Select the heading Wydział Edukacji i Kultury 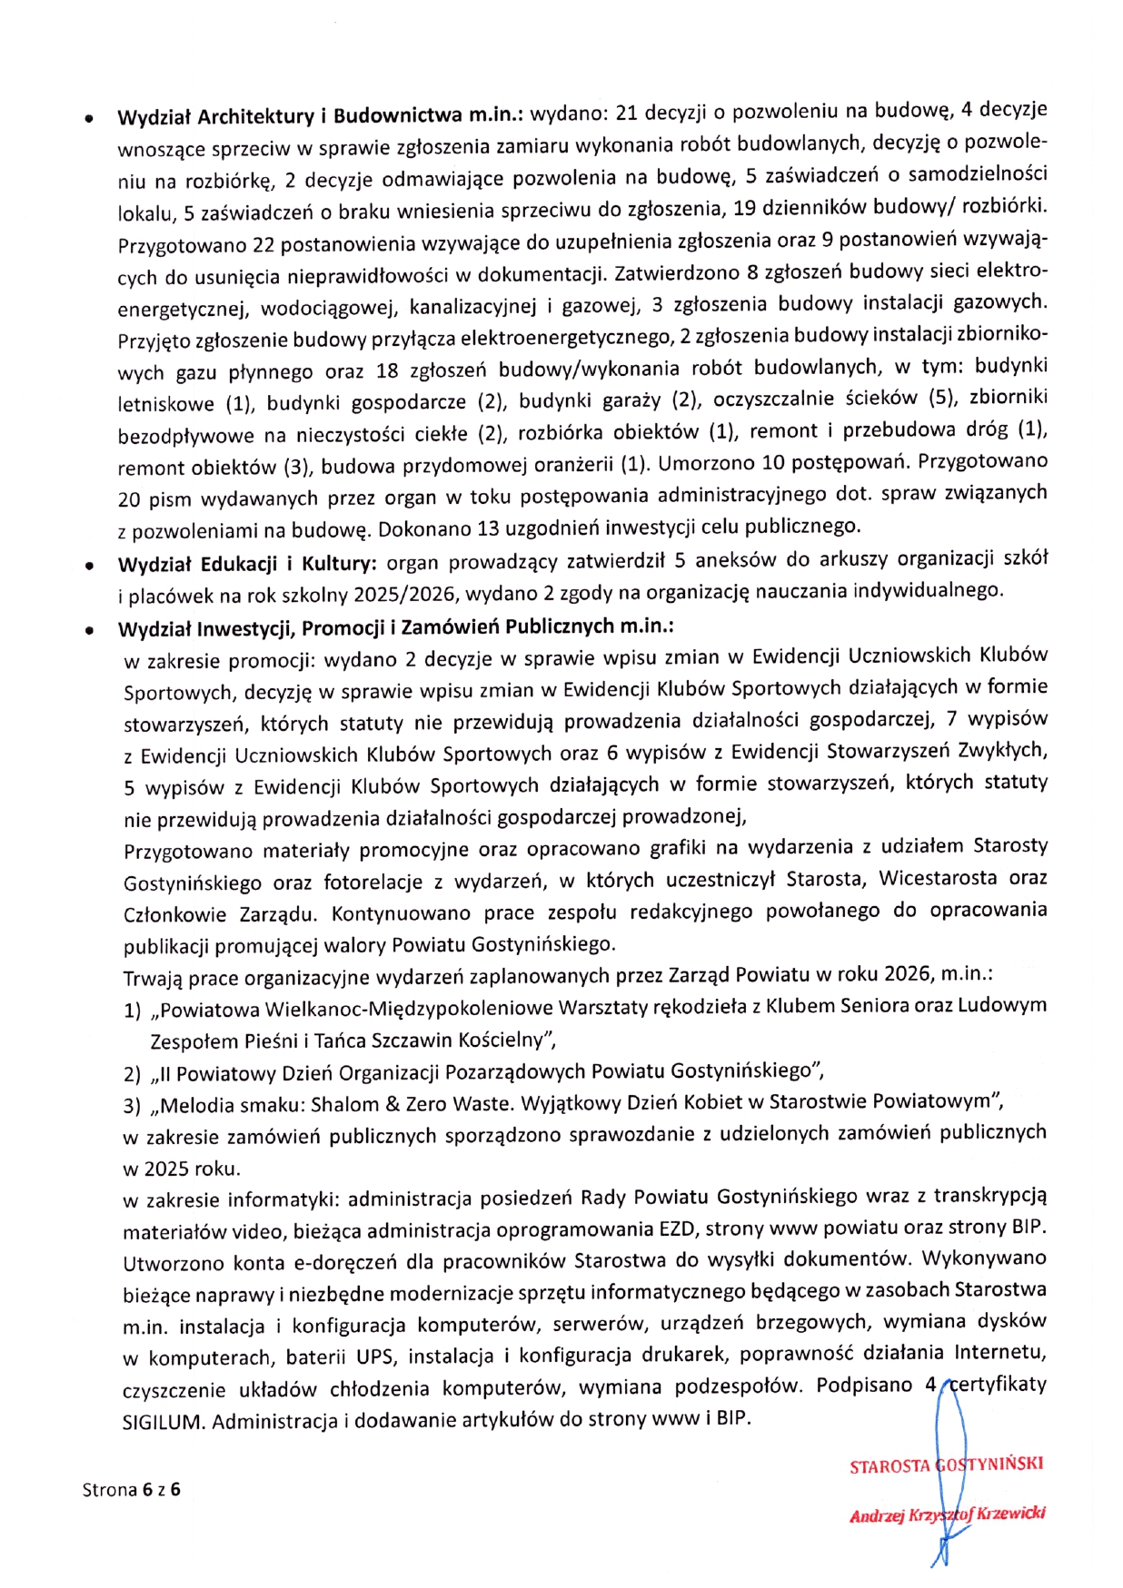coord(246,564)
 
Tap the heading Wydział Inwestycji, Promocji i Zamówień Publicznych coord(394,627)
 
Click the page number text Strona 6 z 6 coord(131,1489)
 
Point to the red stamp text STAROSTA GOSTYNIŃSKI coord(945,1465)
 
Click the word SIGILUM coord(162,1422)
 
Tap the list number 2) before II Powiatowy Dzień coord(133,1075)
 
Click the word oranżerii coord(569,465)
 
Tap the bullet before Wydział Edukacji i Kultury coord(88,567)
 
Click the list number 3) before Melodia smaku coord(133,1106)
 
